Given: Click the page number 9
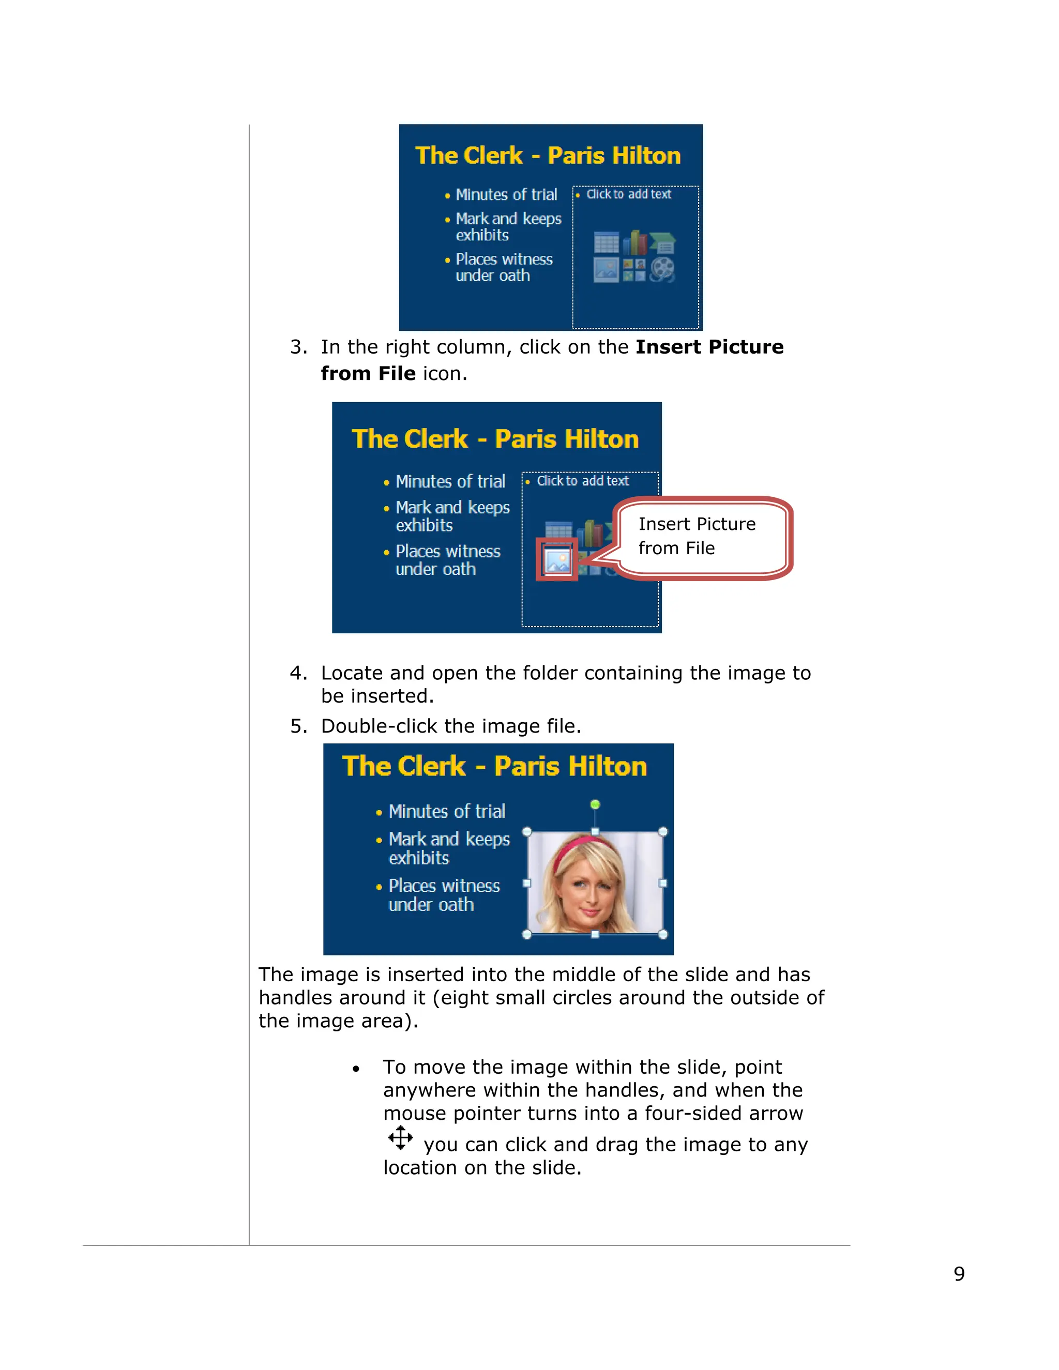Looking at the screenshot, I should point(959,1273).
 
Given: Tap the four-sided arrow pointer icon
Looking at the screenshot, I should point(400,1137).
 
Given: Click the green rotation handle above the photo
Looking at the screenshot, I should point(595,804).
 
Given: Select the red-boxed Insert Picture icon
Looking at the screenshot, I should point(557,559).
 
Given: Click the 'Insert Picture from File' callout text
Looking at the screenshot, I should point(697,536).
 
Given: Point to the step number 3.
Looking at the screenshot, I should point(298,347).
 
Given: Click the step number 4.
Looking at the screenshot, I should point(298,673).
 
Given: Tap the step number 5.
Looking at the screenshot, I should point(298,726).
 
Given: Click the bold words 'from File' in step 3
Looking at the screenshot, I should point(368,373).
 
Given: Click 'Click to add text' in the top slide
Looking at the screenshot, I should point(629,194).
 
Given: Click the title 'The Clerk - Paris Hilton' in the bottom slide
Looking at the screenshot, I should point(494,767).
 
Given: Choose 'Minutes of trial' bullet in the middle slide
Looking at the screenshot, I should point(450,481).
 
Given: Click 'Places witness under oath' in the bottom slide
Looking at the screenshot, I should point(443,895).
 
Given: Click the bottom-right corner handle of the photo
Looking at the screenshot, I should point(663,934).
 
